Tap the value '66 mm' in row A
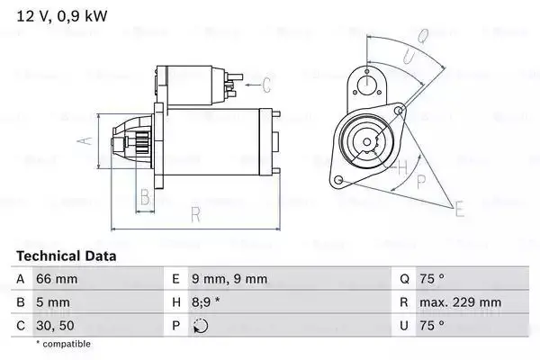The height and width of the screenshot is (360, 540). click(55, 280)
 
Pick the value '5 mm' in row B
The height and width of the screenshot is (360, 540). click(51, 303)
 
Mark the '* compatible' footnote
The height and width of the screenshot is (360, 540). click(64, 344)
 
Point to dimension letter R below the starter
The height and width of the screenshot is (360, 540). click(194, 214)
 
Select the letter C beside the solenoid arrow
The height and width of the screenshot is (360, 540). click(266, 86)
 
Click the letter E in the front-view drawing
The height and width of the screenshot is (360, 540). click(460, 211)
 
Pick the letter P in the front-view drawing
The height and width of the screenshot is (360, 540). click(421, 180)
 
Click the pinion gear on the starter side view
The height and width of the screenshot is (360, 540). click(139, 144)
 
